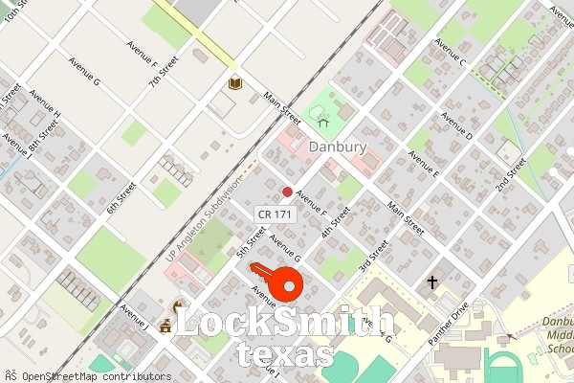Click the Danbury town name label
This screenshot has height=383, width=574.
(338, 146)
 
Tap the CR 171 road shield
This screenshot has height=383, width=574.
(276, 215)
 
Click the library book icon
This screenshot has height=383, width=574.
(235, 84)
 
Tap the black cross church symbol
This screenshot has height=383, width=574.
(432, 282)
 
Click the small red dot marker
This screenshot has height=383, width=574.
(287, 192)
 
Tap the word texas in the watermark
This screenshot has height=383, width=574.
(284, 354)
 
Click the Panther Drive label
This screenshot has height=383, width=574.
(449, 323)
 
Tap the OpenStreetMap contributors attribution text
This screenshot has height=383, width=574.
(87, 376)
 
